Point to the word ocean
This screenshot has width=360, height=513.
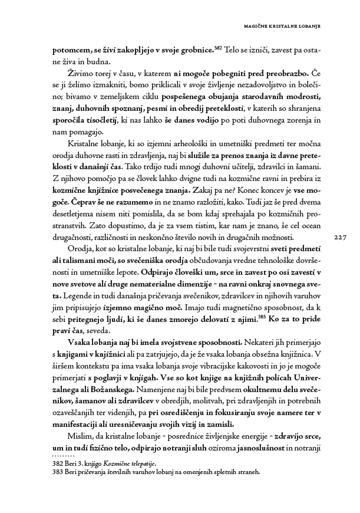coord(306,228)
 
